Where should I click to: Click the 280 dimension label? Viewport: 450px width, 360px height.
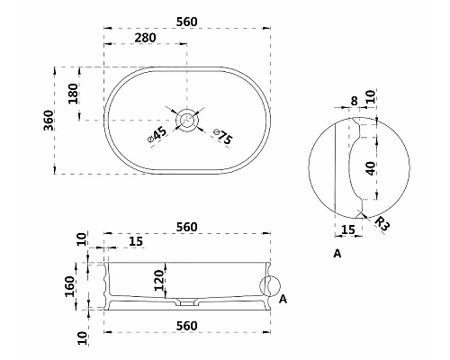(145, 38)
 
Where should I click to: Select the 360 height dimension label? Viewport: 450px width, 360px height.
(49, 121)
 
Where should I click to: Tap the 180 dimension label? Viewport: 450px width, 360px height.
(73, 94)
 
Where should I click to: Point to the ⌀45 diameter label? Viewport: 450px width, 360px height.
(157, 135)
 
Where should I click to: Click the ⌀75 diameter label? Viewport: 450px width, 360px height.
(223, 137)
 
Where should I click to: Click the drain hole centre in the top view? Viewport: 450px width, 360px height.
(187, 120)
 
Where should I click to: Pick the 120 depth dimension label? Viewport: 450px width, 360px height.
(159, 281)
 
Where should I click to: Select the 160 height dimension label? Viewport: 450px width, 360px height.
(69, 286)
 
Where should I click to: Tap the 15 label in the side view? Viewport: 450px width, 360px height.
(136, 241)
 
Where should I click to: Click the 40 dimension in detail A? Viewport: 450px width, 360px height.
(371, 168)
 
